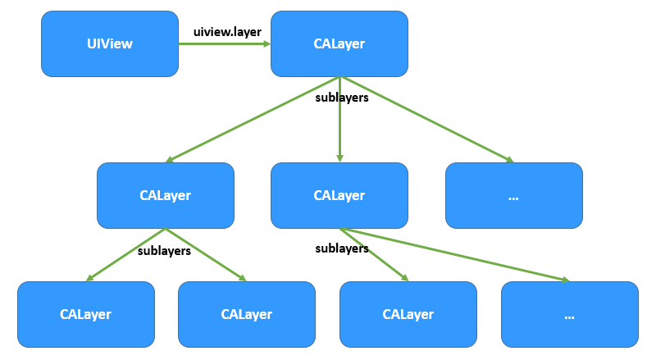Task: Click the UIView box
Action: (x=110, y=43)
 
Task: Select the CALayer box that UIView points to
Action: (x=339, y=43)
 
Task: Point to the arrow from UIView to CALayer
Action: (x=225, y=44)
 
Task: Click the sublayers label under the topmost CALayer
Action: (x=342, y=98)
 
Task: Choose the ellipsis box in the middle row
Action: (x=513, y=195)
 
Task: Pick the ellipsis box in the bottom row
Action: (x=569, y=314)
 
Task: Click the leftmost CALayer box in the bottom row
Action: (x=85, y=314)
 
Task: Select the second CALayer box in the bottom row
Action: (x=246, y=314)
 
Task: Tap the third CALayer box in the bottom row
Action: (x=408, y=314)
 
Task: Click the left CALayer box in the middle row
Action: (x=165, y=195)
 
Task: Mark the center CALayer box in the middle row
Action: (x=339, y=195)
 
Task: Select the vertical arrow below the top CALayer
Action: (x=339, y=131)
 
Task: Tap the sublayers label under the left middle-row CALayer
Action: (x=164, y=251)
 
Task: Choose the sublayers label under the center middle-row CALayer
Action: (x=342, y=248)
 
